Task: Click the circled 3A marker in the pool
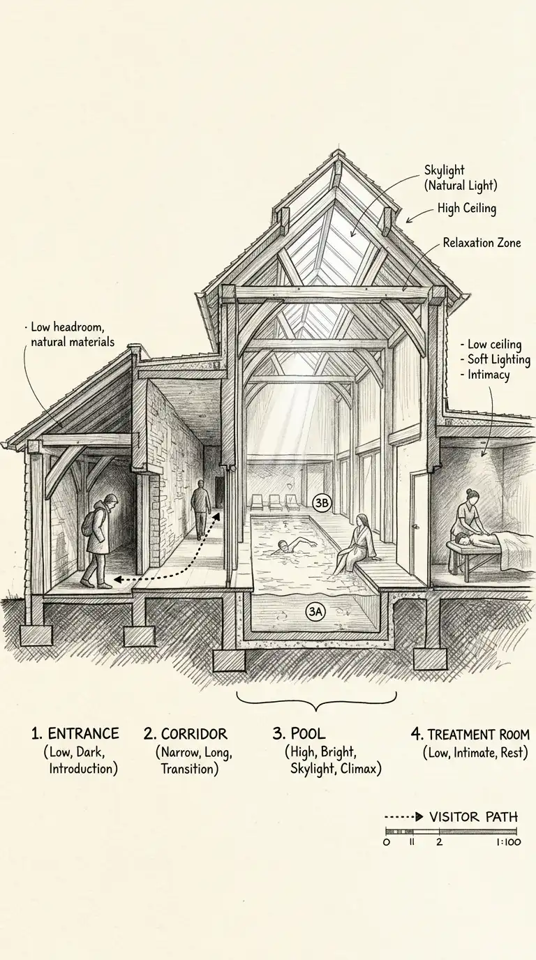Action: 315,612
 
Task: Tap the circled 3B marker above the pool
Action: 322,502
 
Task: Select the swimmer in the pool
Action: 283,547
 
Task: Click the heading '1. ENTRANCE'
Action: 75,734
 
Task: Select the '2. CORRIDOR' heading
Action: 186,734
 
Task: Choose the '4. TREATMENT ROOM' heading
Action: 469,735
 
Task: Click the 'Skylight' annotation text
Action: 444,170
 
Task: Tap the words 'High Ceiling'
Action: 467,208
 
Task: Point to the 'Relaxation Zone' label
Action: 482,243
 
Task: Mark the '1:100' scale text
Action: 504,842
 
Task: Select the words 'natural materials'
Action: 73,342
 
